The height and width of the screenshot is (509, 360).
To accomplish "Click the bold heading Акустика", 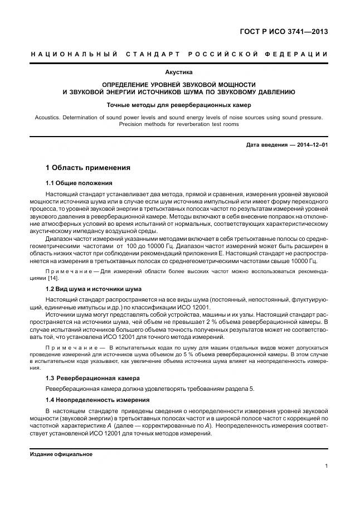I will pos(179,72).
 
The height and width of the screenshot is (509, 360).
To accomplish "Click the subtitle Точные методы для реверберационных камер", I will pos(179,105).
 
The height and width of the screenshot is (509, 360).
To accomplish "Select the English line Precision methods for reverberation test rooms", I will pos(179,124).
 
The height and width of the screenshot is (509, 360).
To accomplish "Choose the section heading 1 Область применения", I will pos(87,167).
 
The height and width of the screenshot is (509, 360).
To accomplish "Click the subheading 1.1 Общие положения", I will pos(79,183).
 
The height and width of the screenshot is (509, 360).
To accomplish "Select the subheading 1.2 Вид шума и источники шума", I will pos(93,289).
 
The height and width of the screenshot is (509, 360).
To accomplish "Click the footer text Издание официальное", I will pos(61,454).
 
